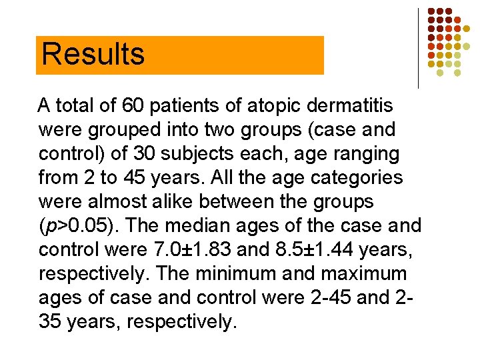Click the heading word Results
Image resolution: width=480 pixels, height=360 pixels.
(x=93, y=54)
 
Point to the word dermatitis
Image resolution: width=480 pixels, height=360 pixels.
(x=353, y=105)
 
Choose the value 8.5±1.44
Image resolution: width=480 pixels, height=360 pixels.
(x=303, y=249)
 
